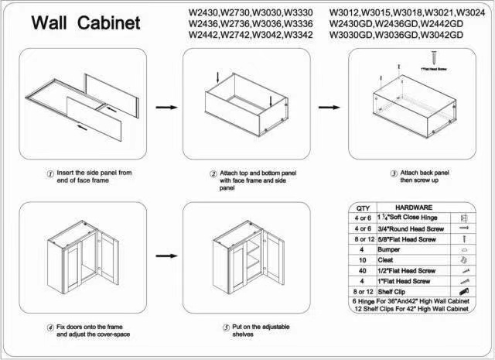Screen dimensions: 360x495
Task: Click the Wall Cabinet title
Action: pyautogui.click(x=85, y=23)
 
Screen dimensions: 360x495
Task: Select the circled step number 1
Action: pyautogui.click(x=50, y=173)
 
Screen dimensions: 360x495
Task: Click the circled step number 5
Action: pyautogui.click(x=226, y=327)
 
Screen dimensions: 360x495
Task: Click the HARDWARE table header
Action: pyautogui.click(x=414, y=208)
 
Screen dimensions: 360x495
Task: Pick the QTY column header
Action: pyautogui.click(x=362, y=208)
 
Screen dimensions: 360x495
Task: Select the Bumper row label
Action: pyautogui.click(x=388, y=251)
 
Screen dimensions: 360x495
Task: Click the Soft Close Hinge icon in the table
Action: pyautogui.click(x=463, y=219)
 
